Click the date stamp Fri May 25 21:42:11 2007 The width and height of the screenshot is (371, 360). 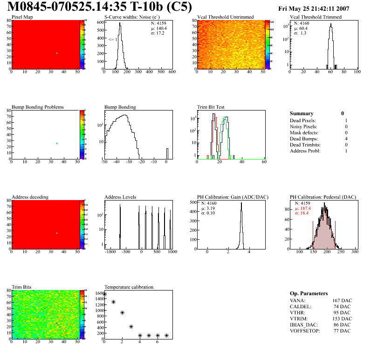(320, 8)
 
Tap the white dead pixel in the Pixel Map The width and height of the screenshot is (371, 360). (57, 53)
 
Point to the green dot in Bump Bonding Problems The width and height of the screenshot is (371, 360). (57, 143)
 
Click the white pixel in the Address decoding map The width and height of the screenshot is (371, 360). (57, 233)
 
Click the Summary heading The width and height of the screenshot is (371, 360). (302, 113)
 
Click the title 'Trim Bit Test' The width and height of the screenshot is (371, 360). (212, 107)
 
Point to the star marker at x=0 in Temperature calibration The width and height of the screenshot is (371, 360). (104, 294)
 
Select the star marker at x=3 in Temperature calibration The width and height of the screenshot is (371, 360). (131, 326)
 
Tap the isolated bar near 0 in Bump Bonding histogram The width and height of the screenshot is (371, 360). (167, 154)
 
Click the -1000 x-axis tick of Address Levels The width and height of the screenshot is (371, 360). (110, 251)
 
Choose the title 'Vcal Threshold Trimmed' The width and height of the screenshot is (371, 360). (316, 17)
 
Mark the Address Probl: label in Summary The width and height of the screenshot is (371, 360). (306, 151)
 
